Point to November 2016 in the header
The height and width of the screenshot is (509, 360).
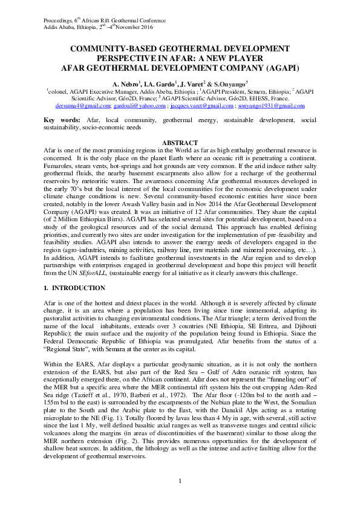point(143,28)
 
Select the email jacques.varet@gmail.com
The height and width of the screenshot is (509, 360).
point(204,105)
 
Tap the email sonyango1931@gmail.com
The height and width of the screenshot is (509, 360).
point(270,105)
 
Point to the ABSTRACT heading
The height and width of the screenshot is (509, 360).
point(180,143)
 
